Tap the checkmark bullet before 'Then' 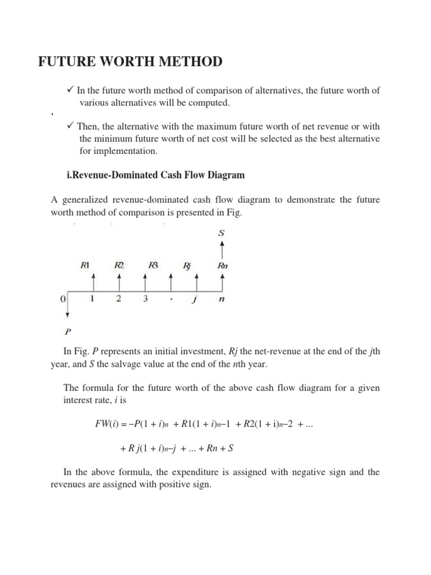point(70,126)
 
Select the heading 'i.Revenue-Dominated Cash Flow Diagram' point(155,175)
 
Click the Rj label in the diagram point(187,265)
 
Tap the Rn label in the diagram point(223,265)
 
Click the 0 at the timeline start point(62,299)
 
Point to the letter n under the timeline point(222,299)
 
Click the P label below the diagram point(68,331)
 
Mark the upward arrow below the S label point(223,248)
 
